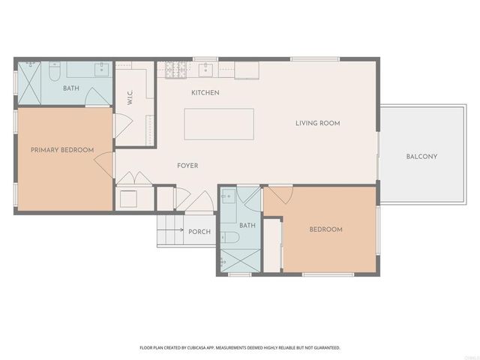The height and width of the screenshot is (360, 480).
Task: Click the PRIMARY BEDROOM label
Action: point(62,150)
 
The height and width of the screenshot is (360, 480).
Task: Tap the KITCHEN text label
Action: point(205,92)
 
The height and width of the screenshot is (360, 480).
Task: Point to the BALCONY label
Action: point(421,156)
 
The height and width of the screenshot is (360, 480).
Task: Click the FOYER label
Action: point(187,165)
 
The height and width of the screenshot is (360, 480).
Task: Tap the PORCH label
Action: point(199,232)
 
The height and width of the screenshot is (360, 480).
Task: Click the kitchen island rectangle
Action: point(219,123)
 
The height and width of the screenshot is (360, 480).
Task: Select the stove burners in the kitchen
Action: point(174,70)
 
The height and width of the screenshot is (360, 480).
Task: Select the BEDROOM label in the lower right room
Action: point(326,229)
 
